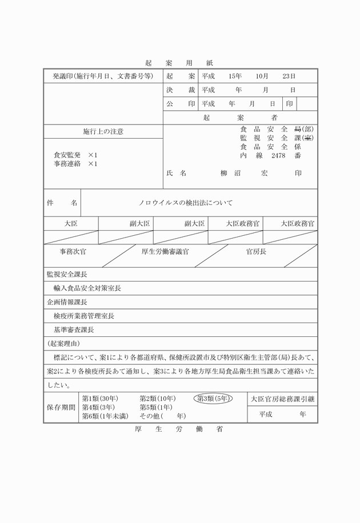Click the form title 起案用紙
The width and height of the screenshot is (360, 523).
click(x=179, y=63)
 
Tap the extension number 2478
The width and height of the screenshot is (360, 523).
click(x=278, y=155)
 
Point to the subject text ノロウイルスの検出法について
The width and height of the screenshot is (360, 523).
click(x=186, y=203)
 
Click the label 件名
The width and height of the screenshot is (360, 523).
click(x=62, y=203)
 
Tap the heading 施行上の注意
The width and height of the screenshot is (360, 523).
click(x=103, y=132)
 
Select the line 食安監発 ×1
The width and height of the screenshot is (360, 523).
click(x=75, y=155)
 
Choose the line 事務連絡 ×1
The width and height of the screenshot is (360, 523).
click(x=75, y=164)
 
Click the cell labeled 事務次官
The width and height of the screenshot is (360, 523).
click(x=73, y=251)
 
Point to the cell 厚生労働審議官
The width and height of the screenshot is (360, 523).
click(x=165, y=251)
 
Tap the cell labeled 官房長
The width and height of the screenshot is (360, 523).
click(x=256, y=251)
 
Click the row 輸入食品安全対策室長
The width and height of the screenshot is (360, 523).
click(x=87, y=288)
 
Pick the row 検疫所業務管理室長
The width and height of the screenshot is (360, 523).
click(x=83, y=316)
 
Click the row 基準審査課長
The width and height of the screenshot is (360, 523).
click(x=73, y=329)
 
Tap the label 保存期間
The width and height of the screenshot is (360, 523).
click(x=61, y=407)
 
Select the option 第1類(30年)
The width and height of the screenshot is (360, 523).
click(x=101, y=399)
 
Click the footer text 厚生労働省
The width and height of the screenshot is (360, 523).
click(x=179, y=429)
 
